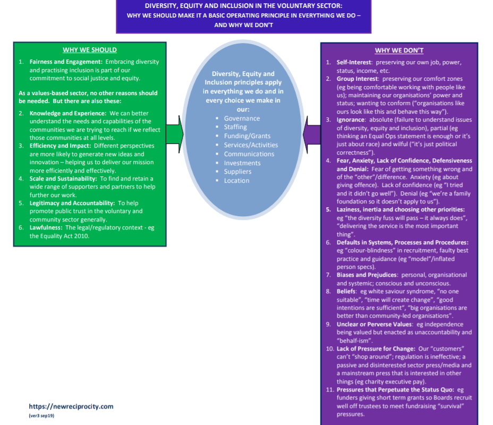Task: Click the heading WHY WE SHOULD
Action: [x=89, y=50]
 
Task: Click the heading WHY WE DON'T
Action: [x=399, y=50]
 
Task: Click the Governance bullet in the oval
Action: [x=242, y=118]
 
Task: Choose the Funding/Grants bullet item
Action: [x=246, y=136]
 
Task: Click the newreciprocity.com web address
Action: [x=71, y=406]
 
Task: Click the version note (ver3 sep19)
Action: [x=41, y=416]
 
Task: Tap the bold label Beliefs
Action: [x=347, y=291]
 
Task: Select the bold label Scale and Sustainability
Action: [x=63, y=178]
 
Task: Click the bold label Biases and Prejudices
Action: [x=367, y=275]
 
